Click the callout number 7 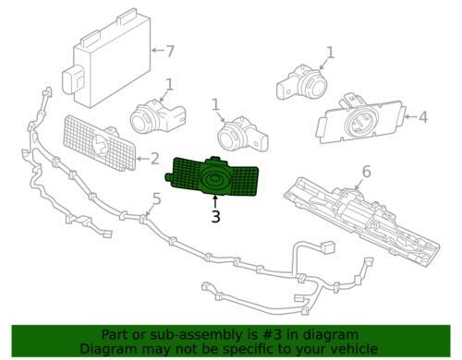point(169,51)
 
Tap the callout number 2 point(154,159)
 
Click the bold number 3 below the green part point(215,218)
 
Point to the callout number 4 point(423,117)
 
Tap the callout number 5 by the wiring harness point(156,198)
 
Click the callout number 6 point(366,172)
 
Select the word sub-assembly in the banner point(175,335)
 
